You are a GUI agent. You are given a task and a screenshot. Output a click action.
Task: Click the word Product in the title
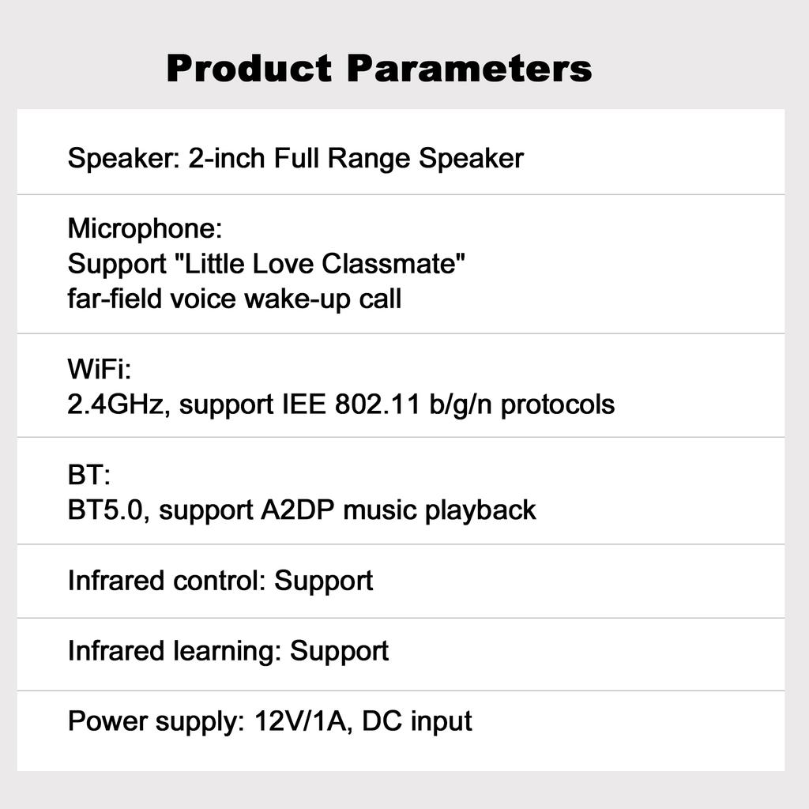(x=249, y=68)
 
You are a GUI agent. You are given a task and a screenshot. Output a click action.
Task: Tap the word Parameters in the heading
(x=469, y=68)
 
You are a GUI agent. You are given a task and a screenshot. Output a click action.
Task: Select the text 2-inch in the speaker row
(x=227, y=157)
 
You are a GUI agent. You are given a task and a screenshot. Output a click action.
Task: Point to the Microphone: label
(x=145, y=228)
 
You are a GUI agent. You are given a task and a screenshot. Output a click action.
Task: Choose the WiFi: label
(x=100, y=369)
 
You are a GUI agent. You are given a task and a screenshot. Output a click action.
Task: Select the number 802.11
(x=378, y=404)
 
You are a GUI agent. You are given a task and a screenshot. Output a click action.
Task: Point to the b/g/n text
(x=461, y=405)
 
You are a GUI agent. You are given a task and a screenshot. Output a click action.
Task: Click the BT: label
(x=88, y=475)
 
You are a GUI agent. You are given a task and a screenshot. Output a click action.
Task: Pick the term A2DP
(x=297, y=510)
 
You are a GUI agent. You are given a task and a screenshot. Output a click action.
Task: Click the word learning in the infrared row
(x=227, y=652)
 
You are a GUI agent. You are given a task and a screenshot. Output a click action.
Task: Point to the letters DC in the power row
(x=382, y=721)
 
